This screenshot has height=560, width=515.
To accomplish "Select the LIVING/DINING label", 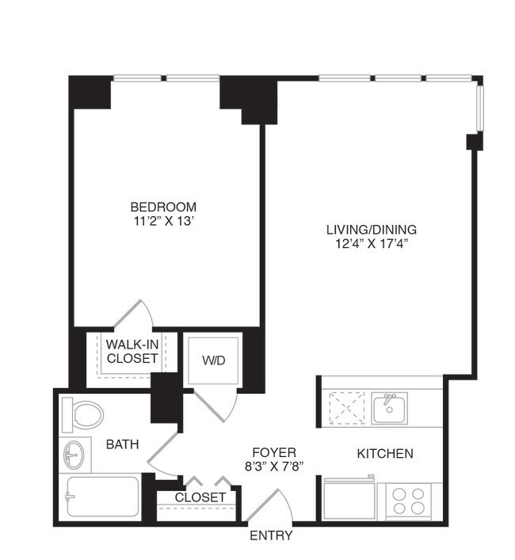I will (x=371, y=230).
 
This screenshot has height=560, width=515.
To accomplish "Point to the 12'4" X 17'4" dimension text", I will (x=371, y=244).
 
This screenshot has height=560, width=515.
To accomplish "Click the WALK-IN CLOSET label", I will (x=132, y=351).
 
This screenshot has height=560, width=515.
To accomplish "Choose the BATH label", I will (x=123, y=444).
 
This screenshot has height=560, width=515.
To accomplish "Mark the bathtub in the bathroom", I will (x=103, y=497).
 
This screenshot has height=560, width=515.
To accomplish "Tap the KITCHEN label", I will (x=385, y=454).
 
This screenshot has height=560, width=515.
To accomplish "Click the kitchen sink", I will (x=389, y=409).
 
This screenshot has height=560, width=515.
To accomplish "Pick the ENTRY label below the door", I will (x=271, y=536).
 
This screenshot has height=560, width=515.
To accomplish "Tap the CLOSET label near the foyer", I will (x=200, y=497).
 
